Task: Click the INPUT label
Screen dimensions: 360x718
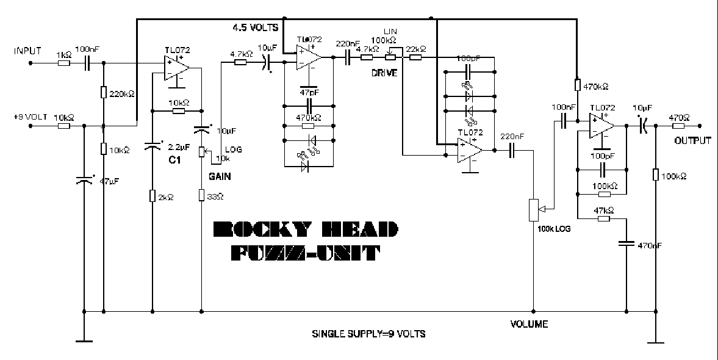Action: point(27,51)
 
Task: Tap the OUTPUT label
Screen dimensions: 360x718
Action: point(692,140)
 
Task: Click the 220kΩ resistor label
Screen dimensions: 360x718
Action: point(122,94)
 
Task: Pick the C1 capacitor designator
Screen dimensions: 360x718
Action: point(175,160)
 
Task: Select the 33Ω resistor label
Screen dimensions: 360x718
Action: point(216,196)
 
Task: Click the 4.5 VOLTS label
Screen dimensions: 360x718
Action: point(255,27)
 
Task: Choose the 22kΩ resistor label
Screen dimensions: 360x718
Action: point(415,48)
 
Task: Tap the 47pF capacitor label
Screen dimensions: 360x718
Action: point(309,92)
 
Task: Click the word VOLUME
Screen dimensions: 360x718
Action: point(529,323)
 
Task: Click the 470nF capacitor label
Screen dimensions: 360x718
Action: point(649,245)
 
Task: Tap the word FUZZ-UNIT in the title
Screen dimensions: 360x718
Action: point(304,252)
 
